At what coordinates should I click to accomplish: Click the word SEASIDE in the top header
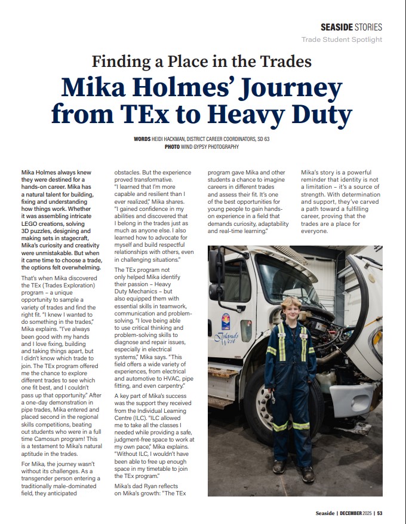(337, 27)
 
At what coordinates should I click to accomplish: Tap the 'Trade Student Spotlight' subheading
(342, 39)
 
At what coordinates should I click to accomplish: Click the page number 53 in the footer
(380, 512)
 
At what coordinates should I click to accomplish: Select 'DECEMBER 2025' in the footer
(356, 512)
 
